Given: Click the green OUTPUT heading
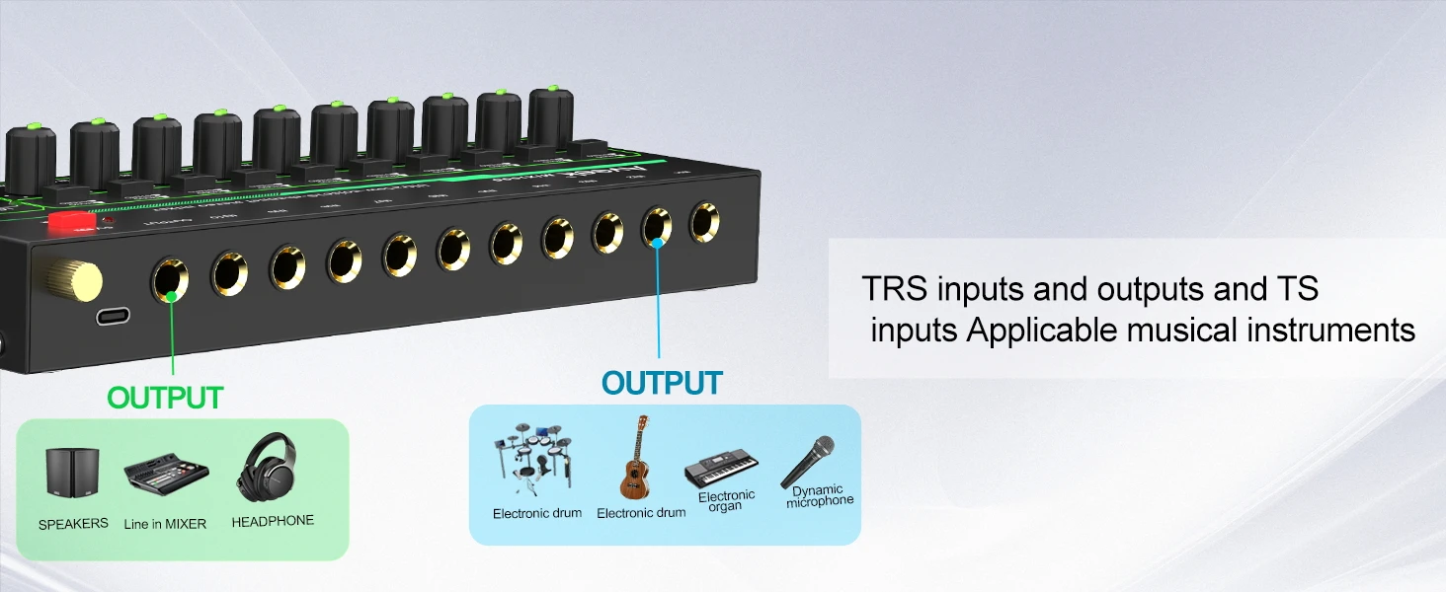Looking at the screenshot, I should click(x=165, y=399).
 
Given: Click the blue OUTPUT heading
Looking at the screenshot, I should click(x=662, y=383).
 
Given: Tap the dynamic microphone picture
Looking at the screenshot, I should click(x=808, y=461).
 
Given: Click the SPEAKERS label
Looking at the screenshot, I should click(x=73, y=524).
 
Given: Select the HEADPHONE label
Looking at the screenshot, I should click(x=273, y=521).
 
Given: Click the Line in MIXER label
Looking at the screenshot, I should click(x=165, y=524).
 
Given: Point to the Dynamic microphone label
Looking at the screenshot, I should click(x=819, y=495).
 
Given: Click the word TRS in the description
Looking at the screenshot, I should click(x=894, y=289).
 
